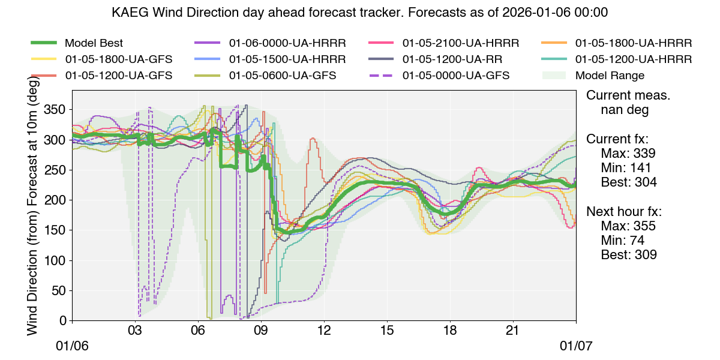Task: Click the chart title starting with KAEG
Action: (359, 12)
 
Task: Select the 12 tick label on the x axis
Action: (324, 331)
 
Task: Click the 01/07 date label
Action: (576, 347)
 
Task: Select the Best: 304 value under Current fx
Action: (629, 182)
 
